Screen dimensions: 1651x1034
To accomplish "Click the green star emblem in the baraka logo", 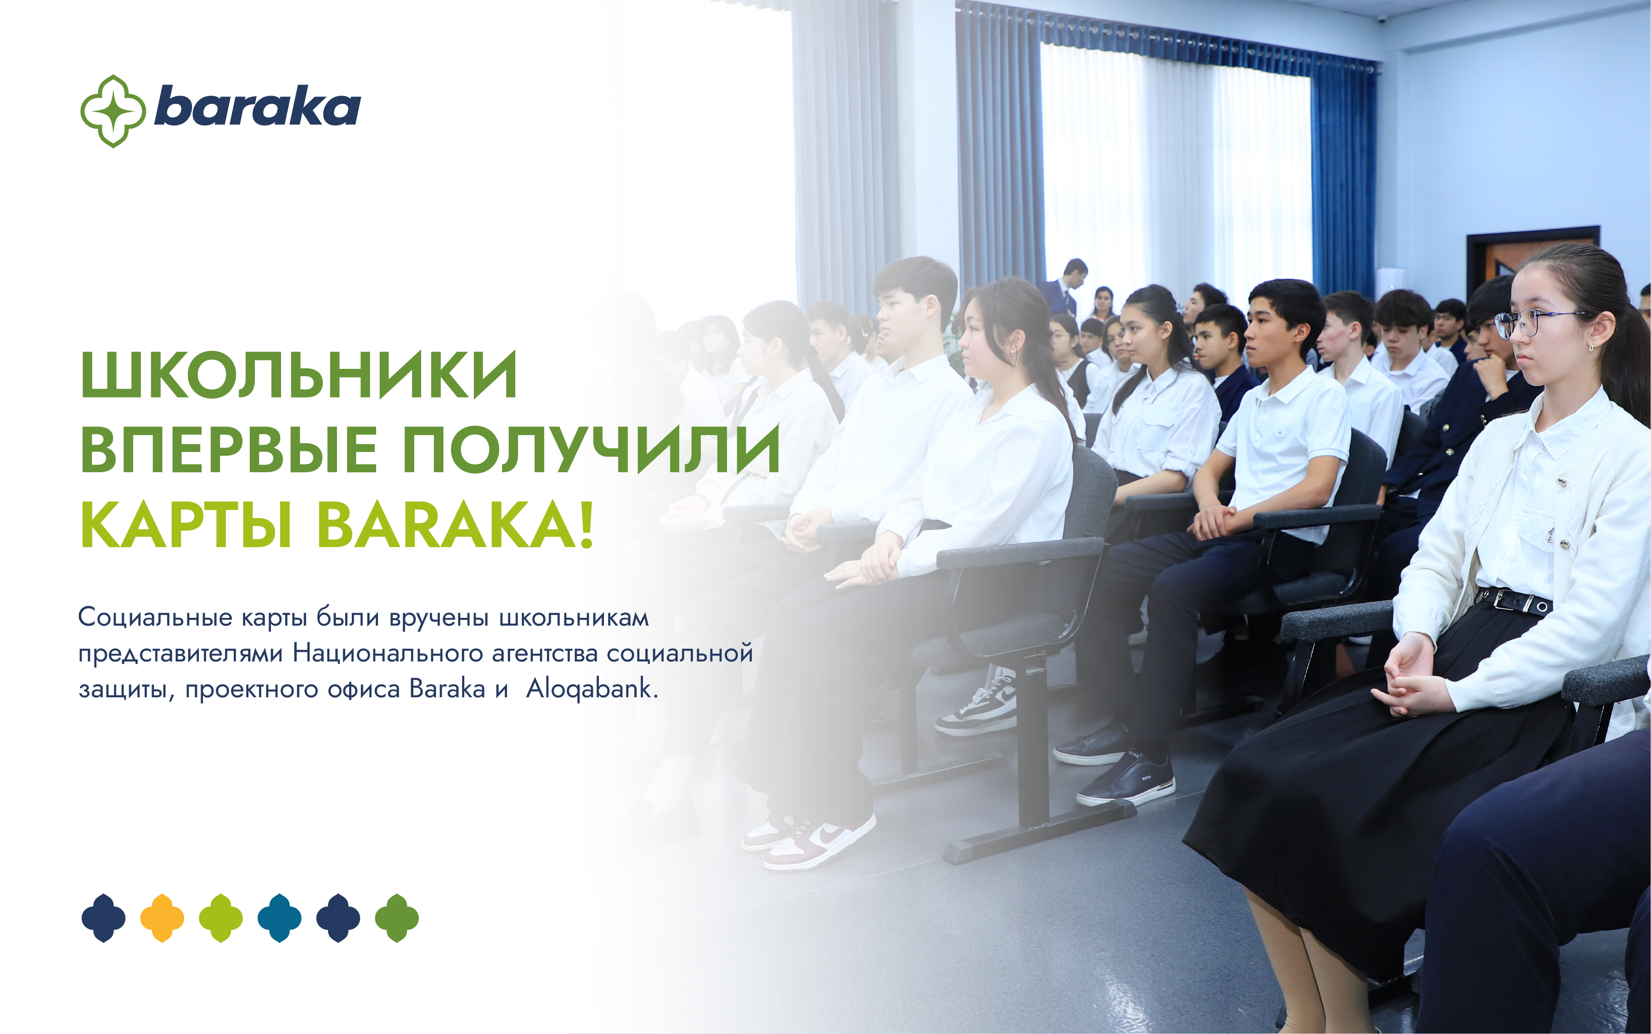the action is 113,111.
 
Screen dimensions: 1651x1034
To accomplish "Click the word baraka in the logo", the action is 258,107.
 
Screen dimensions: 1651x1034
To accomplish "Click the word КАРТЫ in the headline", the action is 186,525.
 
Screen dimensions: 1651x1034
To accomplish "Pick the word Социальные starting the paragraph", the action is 155,617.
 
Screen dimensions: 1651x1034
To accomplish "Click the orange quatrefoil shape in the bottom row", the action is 162,918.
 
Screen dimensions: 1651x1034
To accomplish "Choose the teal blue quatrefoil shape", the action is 280,918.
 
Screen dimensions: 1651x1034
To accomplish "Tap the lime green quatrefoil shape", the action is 221,918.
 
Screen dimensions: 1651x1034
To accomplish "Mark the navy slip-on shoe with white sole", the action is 1127,780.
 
